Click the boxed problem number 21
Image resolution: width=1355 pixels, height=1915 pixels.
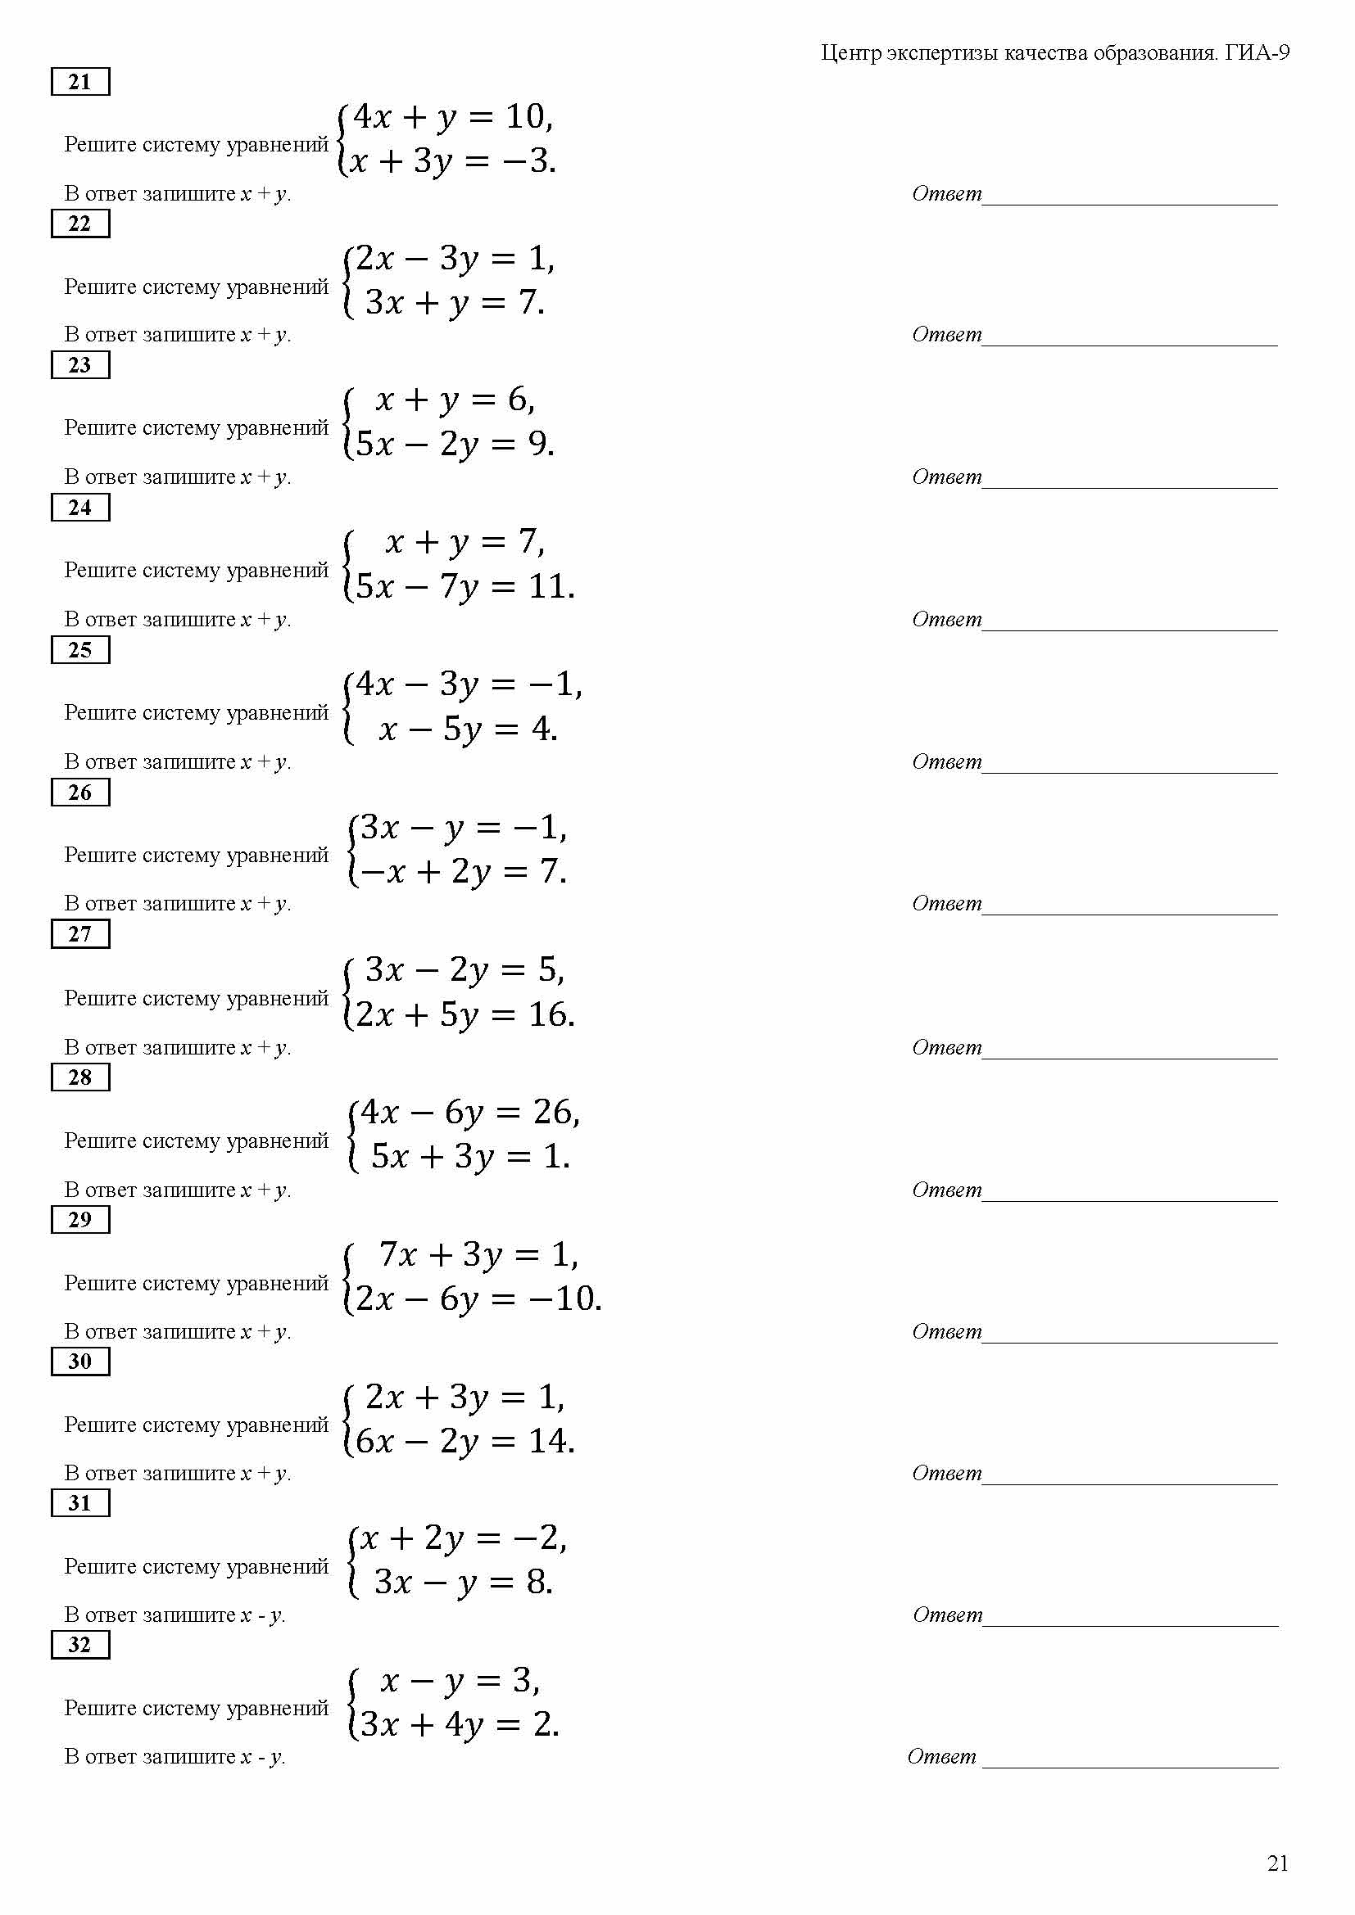coord(80,82)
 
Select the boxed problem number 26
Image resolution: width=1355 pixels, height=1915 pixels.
coord(80,792)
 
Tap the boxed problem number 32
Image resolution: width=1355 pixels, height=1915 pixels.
coord(80,1644)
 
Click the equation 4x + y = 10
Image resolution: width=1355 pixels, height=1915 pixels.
coord(453,117)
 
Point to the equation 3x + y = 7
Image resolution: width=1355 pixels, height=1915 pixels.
coord(455,302)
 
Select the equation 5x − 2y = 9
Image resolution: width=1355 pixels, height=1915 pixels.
coord(455,444)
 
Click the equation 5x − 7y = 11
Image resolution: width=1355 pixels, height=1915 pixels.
coord(465,586)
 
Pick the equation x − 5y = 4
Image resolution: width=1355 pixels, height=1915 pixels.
coord(467,729)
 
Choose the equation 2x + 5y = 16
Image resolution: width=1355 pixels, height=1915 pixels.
coord(465,1014)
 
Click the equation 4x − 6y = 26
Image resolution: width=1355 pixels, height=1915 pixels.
coord(469,1112)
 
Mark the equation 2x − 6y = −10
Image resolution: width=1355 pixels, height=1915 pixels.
coord(478,1298)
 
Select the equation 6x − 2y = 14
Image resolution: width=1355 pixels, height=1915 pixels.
coord(465,1440)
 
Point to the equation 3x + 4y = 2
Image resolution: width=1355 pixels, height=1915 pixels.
coord(459,1723)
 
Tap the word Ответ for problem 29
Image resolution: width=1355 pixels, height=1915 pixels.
coord(947,1331)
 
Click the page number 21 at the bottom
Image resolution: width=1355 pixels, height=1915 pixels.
coord(1277,1863)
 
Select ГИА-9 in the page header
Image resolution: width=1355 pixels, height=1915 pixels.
coord(1258,53)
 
